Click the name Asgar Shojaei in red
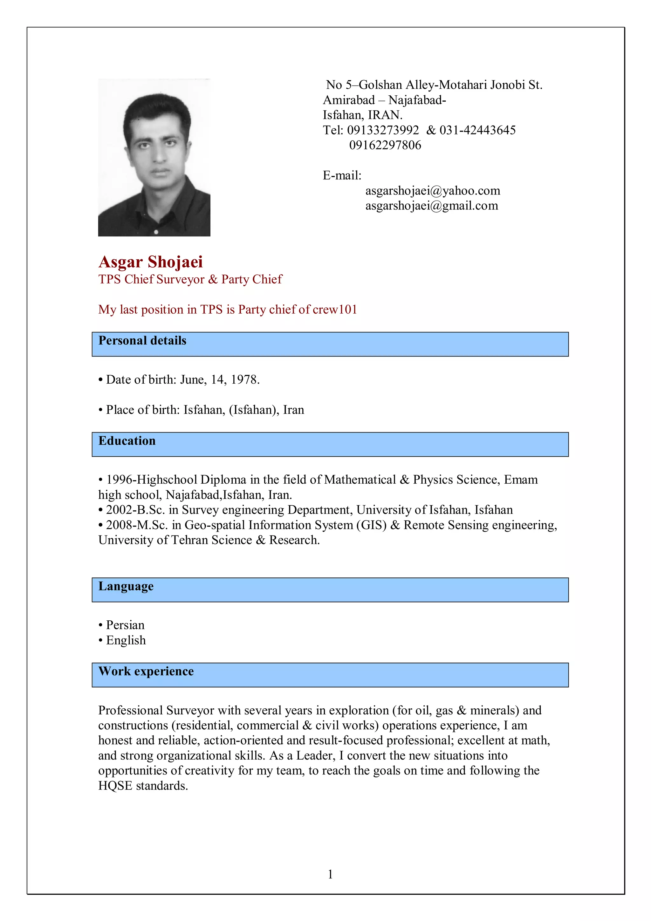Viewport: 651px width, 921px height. pyautogui.click(x=150, y=262)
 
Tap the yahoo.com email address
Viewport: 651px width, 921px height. pyautogui.click(x=432, y=191)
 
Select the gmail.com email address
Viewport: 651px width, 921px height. pyautogui.click(x=431, y=206)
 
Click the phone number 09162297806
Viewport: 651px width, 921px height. pyautogui.click(x=385, y=145)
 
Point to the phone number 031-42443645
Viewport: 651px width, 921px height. pyautogui.click(x=477, y=130)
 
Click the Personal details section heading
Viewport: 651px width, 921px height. pyautogui.click(x=142, y=341)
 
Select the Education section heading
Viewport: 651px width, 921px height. pyautogui.click(x=127, y=441)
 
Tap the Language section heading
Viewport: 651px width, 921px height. pyautogui.click(x=126, y=586)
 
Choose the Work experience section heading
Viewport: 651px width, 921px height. pyautogui.click(x=146, y=672)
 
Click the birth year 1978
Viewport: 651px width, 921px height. pyautogui.click(x=244, y=379)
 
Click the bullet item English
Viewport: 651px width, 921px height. pyautogui.click(x=126, y=640)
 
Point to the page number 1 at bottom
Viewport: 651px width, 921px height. pyautogui.click(x=330, y=874)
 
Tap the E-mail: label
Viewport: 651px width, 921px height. pyautogui.click(x=342, y=175)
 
